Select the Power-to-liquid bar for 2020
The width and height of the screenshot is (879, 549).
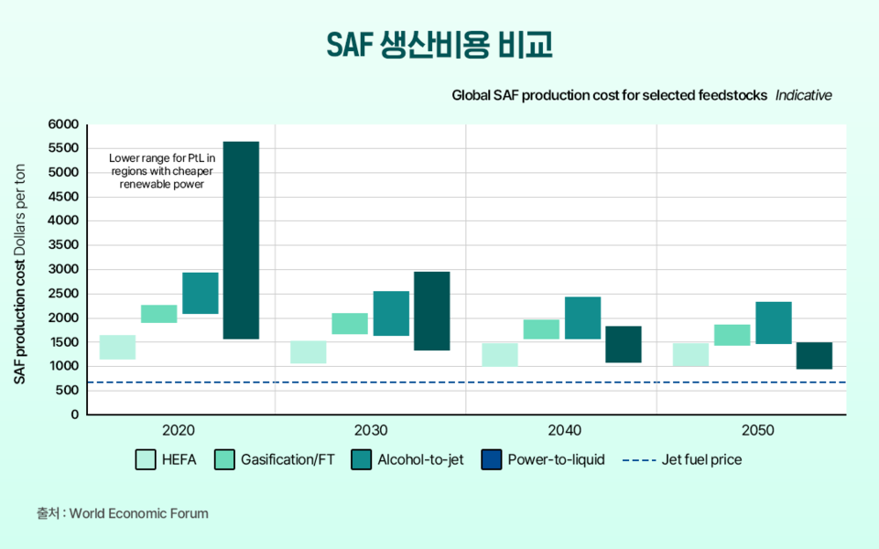(x=241, y=240)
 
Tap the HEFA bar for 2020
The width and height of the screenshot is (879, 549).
(x=117, y=347)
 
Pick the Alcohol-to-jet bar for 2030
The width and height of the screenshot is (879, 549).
(x=391, y=313)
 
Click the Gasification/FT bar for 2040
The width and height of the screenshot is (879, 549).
(x=541, y=329)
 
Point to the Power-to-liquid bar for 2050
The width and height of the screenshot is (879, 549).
(x=814, y=355)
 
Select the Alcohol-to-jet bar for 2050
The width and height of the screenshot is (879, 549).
(x=773, y=322)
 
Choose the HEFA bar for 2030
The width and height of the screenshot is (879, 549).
(x=309, y=352)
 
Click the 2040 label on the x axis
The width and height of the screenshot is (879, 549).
(x=561, y=430)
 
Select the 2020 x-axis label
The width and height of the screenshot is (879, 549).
(x=178, y=430)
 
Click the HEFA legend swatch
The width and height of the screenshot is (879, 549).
(x=145, y=460)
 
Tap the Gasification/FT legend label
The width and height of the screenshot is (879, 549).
(x=288, y=460)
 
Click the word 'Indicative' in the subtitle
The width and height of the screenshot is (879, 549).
(x=803, y=95)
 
